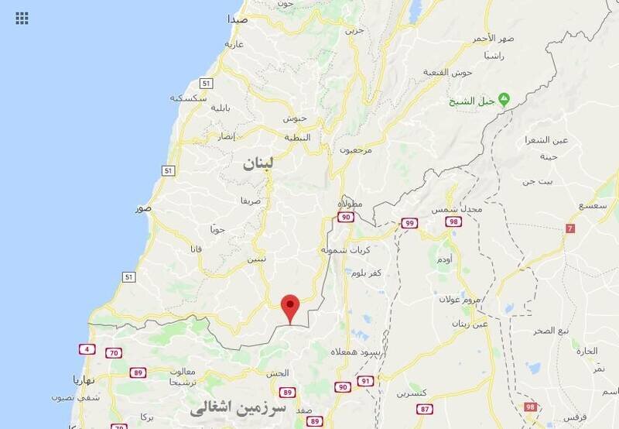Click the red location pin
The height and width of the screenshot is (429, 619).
click(290, 307)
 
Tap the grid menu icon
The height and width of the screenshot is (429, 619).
click(22, 18)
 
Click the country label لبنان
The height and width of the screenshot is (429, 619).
click(258, 163)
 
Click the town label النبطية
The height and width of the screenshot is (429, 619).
click(298, 137)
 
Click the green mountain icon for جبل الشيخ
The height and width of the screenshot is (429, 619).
click(504, 99)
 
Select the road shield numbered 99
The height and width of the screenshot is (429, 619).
click(409, 223)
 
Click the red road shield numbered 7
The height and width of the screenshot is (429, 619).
click(570, 228)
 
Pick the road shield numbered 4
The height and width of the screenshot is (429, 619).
click(87, 349)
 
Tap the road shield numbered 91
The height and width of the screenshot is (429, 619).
click(365, 381)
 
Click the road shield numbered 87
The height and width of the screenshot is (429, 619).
click(425, 408)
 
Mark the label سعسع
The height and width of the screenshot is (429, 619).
click(591, 205)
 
